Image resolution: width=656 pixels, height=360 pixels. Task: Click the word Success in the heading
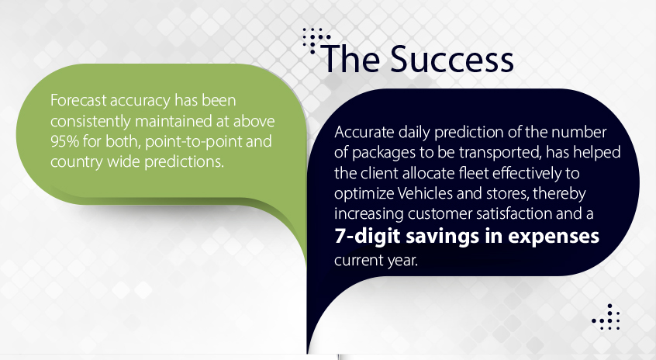452,59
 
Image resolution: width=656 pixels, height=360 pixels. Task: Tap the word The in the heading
352,59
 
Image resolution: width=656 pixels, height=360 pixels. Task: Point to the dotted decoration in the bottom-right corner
606,317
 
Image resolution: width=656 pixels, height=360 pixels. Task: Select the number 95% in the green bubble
64,141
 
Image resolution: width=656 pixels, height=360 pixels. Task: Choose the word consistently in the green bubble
91,121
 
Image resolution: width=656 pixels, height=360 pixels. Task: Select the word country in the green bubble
77,162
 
